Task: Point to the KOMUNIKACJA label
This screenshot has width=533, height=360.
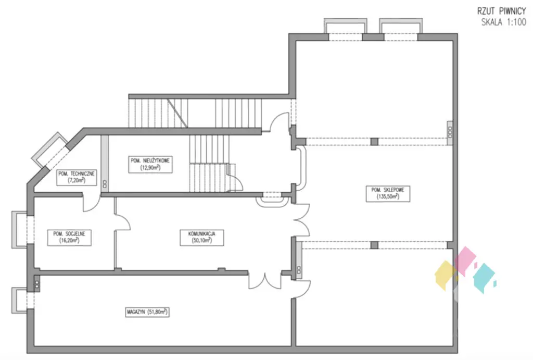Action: click(202, 234)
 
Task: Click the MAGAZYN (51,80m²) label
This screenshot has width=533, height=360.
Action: click(148, 312)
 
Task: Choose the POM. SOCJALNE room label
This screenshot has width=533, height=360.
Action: click(69, 234)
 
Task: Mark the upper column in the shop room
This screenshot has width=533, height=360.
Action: click(374, 141)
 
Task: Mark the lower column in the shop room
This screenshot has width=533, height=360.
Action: click(374, 244)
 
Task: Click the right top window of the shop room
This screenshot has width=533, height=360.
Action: click(399, 28)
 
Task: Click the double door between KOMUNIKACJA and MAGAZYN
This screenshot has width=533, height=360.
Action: click(265, 280)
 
